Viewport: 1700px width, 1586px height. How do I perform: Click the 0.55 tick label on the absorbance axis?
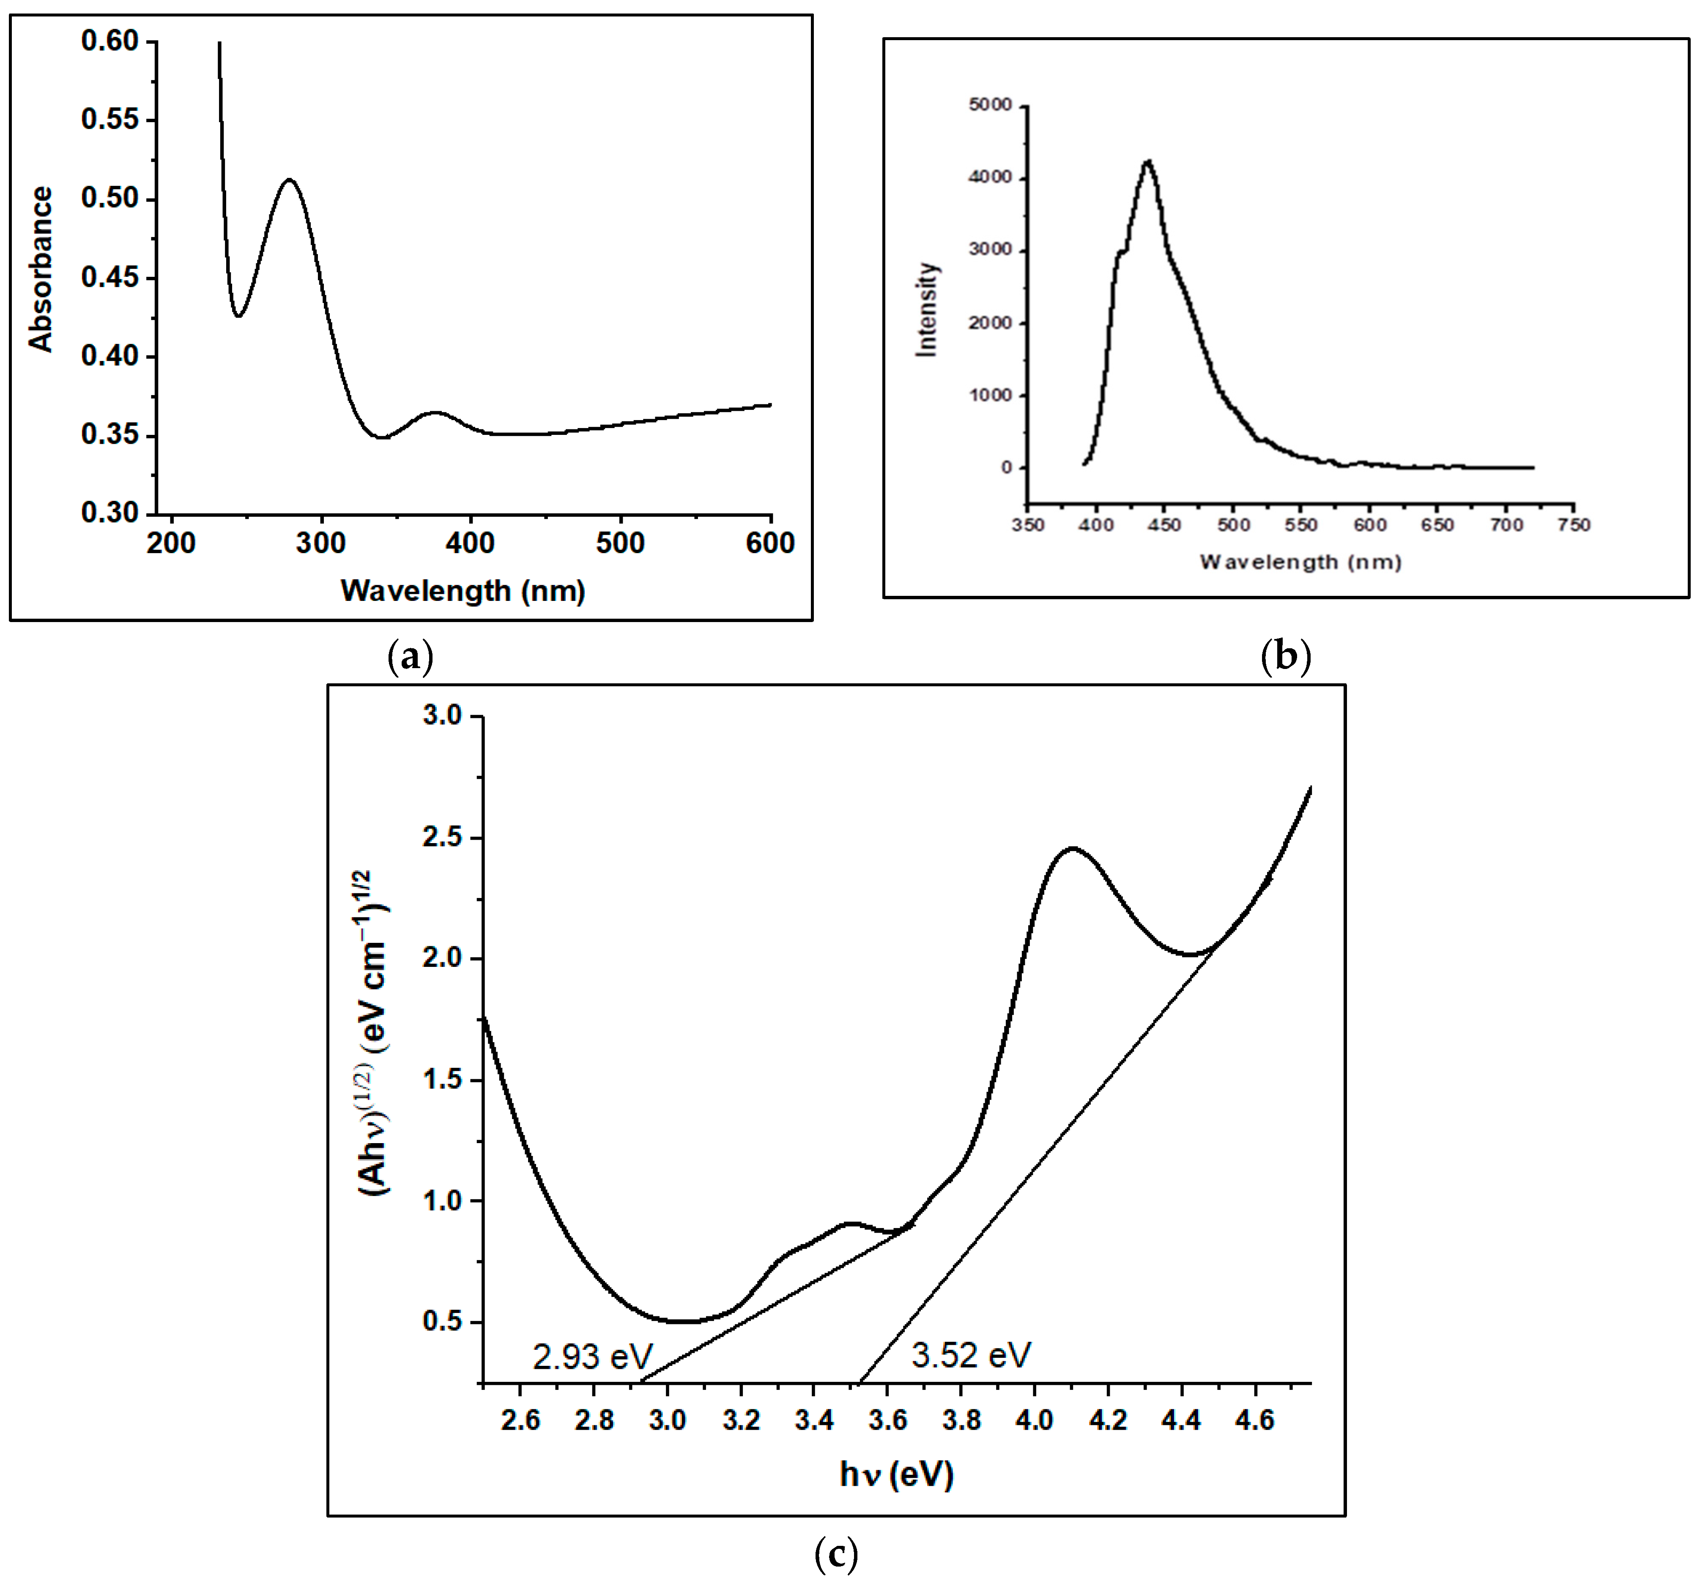(110, 120)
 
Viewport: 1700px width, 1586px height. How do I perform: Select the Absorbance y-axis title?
(40, 269)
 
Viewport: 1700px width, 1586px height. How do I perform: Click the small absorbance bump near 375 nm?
(435, 413)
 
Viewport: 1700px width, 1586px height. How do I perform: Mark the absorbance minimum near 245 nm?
(238, 316)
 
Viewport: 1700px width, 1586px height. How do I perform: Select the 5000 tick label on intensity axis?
(990, 105)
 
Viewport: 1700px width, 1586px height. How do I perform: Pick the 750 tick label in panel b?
(1574, 525)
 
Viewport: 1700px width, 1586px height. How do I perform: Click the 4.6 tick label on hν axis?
(1254, 1420)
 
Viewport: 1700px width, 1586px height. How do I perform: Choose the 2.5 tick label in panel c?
(442, 837)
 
